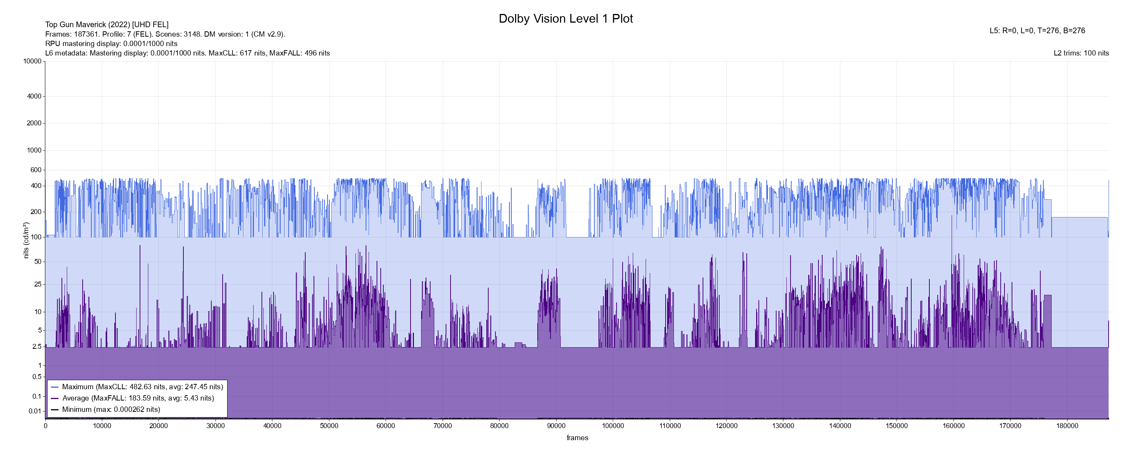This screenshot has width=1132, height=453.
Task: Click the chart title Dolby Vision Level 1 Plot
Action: (566, 18)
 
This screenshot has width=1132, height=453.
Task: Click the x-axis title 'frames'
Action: (577, 438)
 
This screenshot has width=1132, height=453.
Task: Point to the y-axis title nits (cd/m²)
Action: (26, 240)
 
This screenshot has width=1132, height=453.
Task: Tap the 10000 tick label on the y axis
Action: (32, 61)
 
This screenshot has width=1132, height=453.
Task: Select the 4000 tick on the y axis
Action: (34, 96)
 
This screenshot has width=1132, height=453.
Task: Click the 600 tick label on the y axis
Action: (35, 170)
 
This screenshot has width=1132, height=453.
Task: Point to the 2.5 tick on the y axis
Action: (37, 347)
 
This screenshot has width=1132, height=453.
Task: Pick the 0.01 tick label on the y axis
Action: (35, 411)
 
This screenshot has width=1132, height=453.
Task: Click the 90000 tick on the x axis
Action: (556, 426)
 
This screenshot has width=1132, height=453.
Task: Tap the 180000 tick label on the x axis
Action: (1067, 426)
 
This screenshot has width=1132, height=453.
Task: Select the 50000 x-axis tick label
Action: (329, 426)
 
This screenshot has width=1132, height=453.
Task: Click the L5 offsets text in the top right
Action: (1037, 31)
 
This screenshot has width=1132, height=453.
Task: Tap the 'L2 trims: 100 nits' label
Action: (1081, 53)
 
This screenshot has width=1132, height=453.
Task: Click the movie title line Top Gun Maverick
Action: (107, 25)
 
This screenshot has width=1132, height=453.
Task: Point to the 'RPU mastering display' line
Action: (111, 43)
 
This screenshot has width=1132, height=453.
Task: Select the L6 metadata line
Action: (187, 53)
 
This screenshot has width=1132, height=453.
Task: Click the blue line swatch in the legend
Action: (55, 387)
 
